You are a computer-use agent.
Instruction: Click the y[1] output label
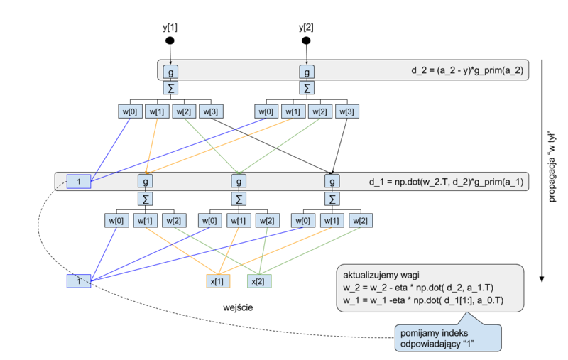point(170,28)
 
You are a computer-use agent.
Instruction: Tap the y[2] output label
point(307,28)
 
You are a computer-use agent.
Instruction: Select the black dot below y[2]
point(307,40)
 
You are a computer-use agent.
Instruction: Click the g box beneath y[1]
point(170,72)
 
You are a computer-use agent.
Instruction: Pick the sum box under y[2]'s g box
point(307,88)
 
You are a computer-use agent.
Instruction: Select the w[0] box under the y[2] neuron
point(266,111)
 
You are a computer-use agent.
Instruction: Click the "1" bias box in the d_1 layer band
point(80,182)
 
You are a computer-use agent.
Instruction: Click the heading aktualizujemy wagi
point(383,275)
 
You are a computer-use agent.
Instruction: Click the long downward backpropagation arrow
point(542,170)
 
